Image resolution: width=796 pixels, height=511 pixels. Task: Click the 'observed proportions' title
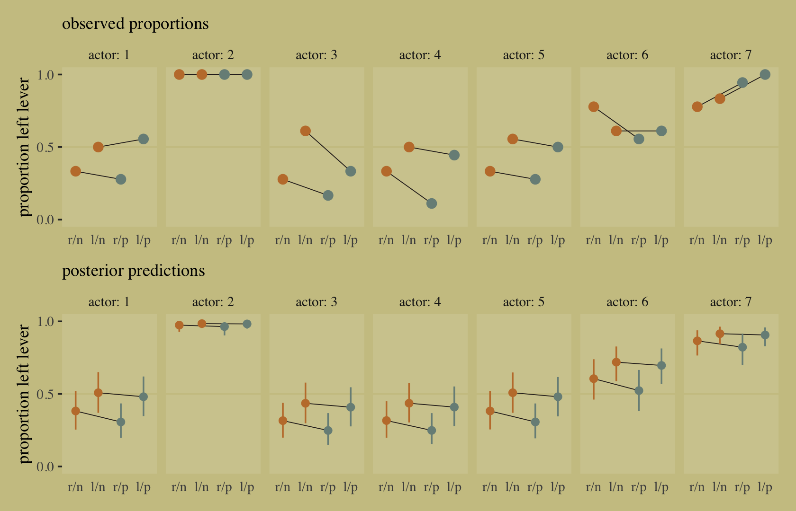135,24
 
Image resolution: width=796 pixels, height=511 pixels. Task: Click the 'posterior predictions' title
133,271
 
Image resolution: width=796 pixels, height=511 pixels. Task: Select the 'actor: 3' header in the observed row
317,55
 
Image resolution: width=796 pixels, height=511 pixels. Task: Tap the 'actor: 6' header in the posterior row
627,302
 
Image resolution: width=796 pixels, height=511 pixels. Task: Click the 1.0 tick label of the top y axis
46,75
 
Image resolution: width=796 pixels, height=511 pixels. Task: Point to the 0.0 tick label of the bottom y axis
46,467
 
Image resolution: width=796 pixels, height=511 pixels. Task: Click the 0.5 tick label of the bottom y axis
46,394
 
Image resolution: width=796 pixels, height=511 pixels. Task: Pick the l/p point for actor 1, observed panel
144,139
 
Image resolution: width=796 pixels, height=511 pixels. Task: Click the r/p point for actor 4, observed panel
432,203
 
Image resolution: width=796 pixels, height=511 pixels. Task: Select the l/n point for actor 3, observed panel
306,131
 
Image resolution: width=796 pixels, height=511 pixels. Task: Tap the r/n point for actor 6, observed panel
594,107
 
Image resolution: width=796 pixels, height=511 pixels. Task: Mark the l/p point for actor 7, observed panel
765,75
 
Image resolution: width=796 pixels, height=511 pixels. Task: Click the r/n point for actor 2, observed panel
179,75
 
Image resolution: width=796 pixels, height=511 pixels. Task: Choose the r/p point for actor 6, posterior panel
639,391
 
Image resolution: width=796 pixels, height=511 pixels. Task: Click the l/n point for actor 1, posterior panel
98,393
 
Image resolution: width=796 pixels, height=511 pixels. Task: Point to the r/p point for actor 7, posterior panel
742,347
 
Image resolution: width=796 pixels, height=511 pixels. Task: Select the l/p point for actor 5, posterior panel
558,397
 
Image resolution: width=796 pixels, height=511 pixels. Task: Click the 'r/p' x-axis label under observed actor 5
535,240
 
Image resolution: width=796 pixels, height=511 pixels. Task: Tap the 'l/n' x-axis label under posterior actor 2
202,487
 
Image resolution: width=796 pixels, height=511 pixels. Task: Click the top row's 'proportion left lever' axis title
24,147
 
